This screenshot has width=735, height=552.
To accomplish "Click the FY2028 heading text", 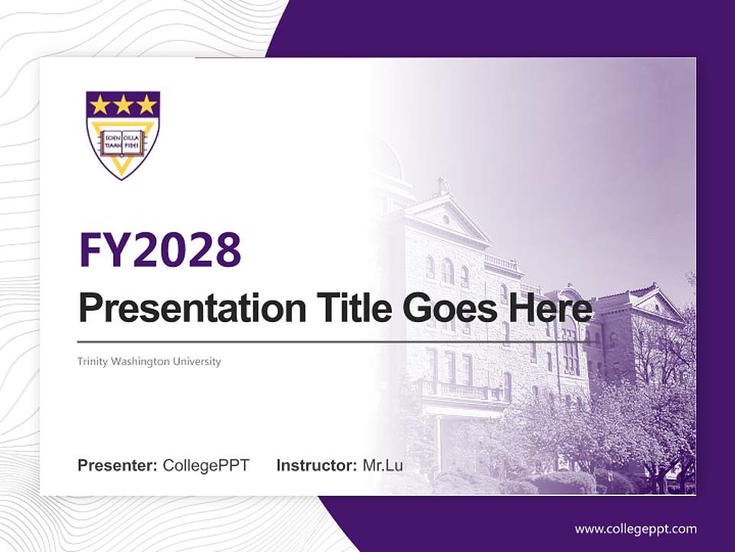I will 160,250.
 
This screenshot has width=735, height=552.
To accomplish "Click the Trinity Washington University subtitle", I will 149,361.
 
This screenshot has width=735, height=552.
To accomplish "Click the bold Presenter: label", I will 118,465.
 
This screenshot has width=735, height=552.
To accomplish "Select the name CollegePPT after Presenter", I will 206,465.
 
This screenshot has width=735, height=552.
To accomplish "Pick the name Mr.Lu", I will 383,465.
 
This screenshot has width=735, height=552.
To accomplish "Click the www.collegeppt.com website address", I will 635,529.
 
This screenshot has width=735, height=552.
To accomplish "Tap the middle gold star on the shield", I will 122,104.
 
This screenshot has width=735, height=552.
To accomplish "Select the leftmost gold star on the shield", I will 100,104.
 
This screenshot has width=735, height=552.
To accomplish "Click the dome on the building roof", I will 387,157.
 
